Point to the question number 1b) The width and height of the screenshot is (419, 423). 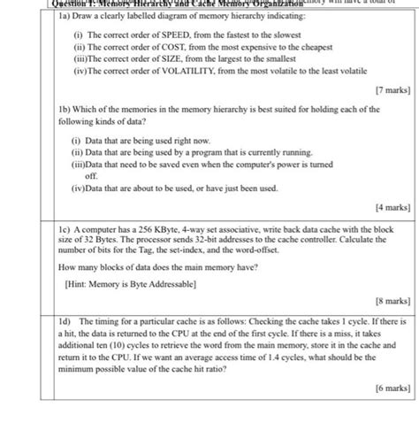click(x=65, y=109)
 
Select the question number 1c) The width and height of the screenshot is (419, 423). click(x=65, y=228)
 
